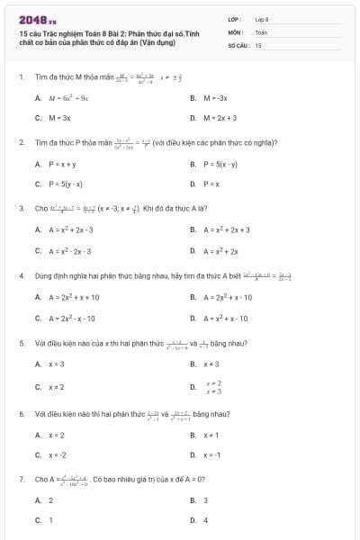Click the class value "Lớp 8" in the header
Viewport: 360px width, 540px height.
point(263,19)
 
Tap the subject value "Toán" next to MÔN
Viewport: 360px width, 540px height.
point(261,31)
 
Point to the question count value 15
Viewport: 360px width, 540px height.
point(258,44)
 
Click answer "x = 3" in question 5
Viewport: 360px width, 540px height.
point(56,364)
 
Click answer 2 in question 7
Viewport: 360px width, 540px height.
point(50,499)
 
